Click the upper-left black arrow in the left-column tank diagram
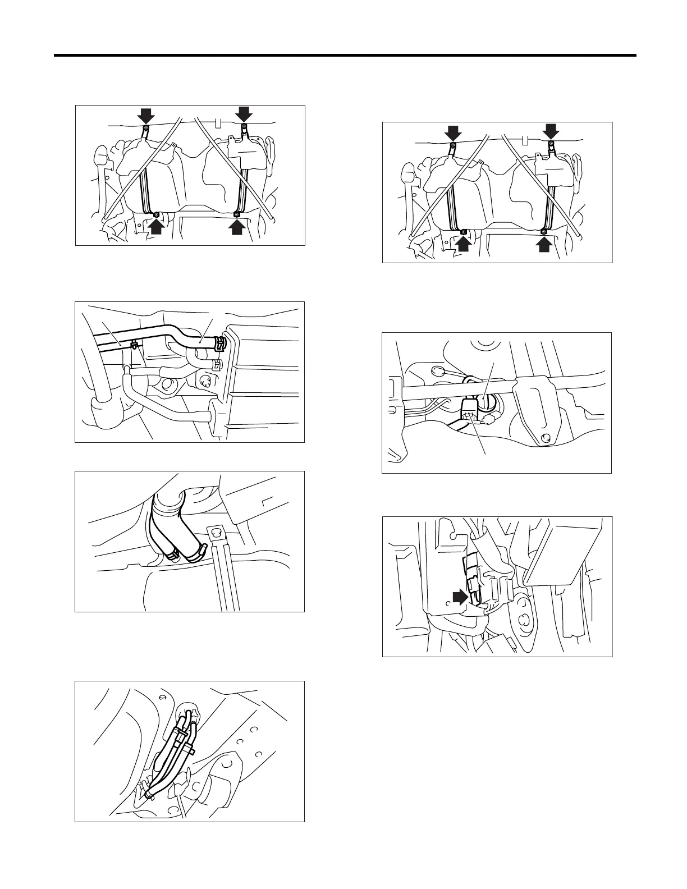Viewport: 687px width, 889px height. (x=146, y=116)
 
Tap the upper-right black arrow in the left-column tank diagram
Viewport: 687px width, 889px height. (x=244, y=114)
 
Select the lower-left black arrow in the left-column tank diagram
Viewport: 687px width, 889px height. (x=157, y=226)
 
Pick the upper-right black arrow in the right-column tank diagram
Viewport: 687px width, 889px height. (x=551, y=131)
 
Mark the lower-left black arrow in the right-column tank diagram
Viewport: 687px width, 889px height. (x=464, y=244)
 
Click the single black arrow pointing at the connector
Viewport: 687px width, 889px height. (x=460, y=597)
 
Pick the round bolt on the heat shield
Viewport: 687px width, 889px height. (x=543, y=438)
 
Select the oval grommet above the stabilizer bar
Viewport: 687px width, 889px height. (x=438, y=370)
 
